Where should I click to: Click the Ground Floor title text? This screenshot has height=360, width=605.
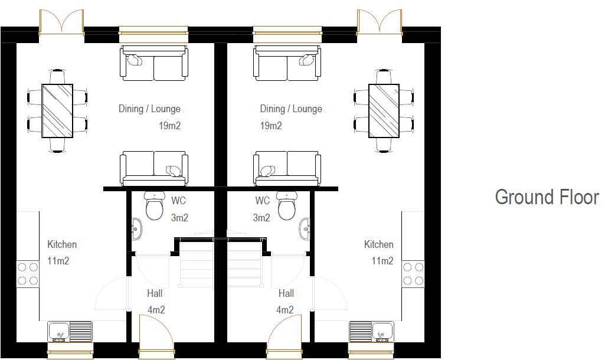[x=547, y=197]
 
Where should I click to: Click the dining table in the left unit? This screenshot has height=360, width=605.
[x=57, y=111]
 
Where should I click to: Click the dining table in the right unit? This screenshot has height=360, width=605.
[x=384, y=110]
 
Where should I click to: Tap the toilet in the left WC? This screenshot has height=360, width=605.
[x=155, y=207]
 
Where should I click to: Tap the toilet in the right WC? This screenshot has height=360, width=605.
[x=286, y=207]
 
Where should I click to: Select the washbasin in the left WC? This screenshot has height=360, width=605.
[x=136, y=228]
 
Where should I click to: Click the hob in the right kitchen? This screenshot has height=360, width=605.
[x=414, y=273]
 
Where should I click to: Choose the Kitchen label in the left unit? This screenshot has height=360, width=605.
[x=62, y=244]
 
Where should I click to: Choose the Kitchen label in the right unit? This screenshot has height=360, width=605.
[x=378, y=244]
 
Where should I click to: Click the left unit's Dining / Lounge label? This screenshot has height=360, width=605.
[x=149, y=109]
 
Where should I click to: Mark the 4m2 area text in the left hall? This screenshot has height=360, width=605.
[x=156, y=310]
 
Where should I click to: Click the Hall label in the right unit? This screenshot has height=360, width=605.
[x=286, y=293]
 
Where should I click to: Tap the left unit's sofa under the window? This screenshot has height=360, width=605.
[x=154, y=63]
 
